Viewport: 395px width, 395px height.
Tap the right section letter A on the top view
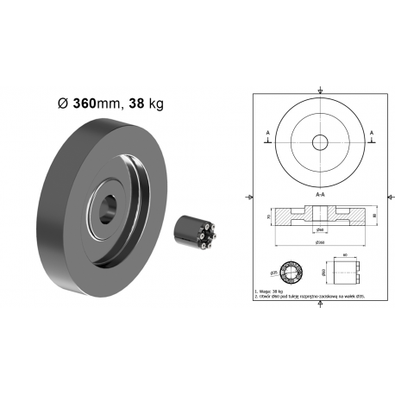tap(371, 132)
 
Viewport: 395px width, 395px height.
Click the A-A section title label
tap(320, 195)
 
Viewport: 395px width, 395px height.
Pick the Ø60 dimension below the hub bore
tap(320, 230)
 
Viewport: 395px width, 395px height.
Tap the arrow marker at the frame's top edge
tap(320, 91)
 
